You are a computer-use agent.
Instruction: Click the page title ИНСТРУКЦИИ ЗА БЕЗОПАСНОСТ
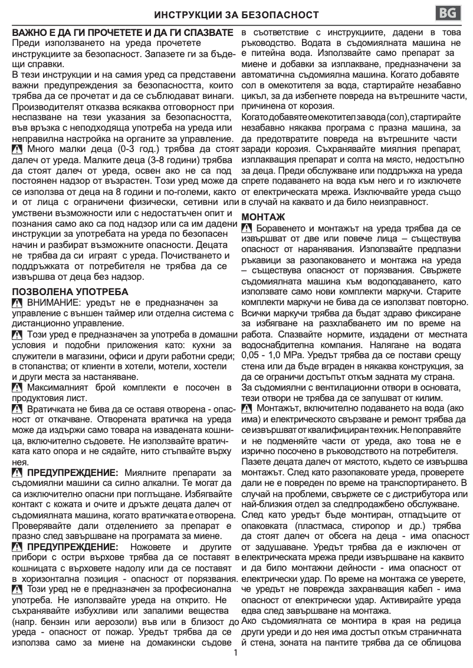coord(236,14)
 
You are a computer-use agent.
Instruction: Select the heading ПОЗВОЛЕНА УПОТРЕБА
coord(70,292)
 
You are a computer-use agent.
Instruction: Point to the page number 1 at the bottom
coord(236,653)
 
